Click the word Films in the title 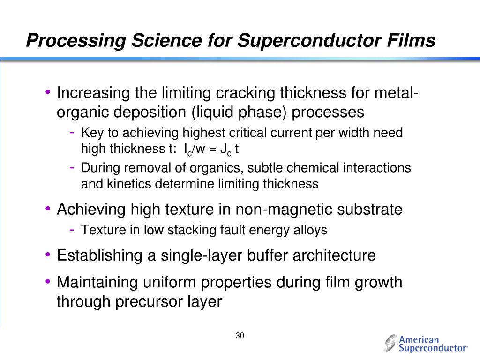[x=410, y=41]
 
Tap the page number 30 [x=240, y=336]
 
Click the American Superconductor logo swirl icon [x=390, y=343]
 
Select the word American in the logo [x=419, y=339]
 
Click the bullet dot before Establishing [x=48, y=255]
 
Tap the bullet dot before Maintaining [x=48, y=282]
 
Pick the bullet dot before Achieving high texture [x=48, y=208]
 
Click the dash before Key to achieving [x=73, y=132]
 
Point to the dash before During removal [x=73, y=167]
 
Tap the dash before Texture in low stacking [x=73, y=229]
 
